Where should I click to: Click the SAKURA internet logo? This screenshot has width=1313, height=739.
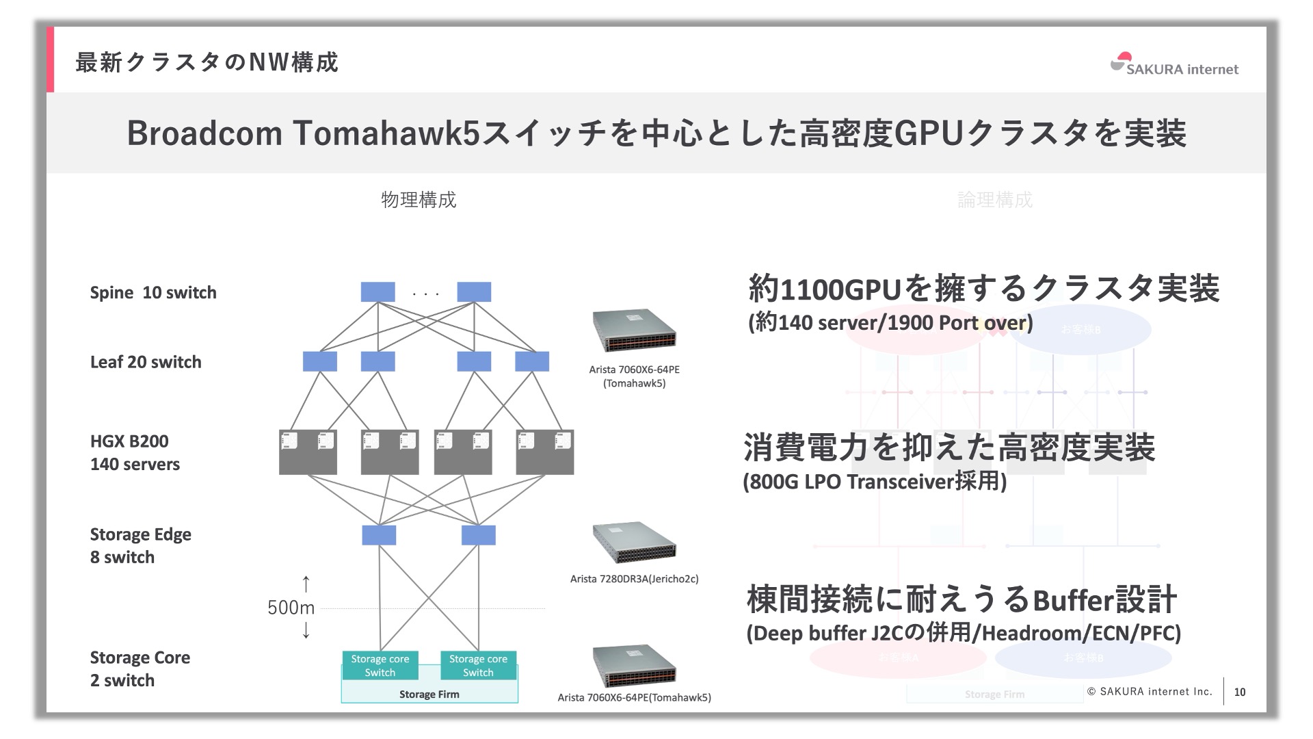[1174, 64]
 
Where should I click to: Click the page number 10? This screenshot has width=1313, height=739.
[1240, 692]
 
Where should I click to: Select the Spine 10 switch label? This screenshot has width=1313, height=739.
[153, 293]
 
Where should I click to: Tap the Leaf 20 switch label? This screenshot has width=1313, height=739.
[146, 362]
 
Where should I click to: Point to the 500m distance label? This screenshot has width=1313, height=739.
[291, 608]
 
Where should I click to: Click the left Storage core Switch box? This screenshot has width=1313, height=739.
[380, 665]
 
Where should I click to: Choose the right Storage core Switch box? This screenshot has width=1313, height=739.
[478, 665]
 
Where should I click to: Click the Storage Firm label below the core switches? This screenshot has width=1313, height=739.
[429, 695]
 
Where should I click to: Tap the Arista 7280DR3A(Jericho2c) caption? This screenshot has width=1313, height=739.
[634, 579]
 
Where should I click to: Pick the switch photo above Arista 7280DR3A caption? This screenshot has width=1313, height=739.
[634, 543]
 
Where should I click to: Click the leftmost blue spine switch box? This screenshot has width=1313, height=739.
[378, 292]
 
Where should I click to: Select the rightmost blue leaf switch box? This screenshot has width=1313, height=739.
[532, 361]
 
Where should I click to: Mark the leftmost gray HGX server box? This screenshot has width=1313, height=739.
[308, 452]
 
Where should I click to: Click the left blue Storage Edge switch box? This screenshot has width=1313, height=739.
[379, 535]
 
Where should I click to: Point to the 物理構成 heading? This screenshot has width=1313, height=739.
[419, 200]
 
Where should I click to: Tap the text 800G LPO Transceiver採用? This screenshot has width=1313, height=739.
[875, 482]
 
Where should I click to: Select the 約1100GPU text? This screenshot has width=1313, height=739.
[824, 289]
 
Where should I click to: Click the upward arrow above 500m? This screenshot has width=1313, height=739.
[306, 584]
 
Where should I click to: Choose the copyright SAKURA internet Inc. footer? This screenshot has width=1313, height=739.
[1150, 692]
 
